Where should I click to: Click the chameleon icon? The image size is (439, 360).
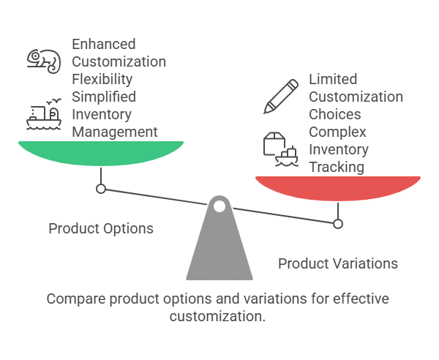click(43, 61)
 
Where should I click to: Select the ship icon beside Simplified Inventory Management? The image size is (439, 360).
click(43, 114)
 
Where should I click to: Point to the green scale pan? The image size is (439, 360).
click(101, 152)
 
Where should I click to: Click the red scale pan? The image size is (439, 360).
click(337, 187)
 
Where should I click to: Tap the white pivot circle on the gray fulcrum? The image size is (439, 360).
click(219, 206)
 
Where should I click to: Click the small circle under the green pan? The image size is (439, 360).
click(101, 189)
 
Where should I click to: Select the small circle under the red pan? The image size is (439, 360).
click(337, 224)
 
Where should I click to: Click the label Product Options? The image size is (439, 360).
click(101, 229)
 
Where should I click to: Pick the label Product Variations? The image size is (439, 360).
click(338, 263)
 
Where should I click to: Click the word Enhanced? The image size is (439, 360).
click(104, 45)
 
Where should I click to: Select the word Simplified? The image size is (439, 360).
click(104, 97)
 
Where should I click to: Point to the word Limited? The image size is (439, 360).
click(334, 79)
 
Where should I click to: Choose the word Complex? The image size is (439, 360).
click(337, 132)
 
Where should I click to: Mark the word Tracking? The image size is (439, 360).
click(337, 167)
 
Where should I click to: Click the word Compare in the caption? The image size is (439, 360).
click(72, 299)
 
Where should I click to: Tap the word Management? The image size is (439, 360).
click(115, 132)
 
